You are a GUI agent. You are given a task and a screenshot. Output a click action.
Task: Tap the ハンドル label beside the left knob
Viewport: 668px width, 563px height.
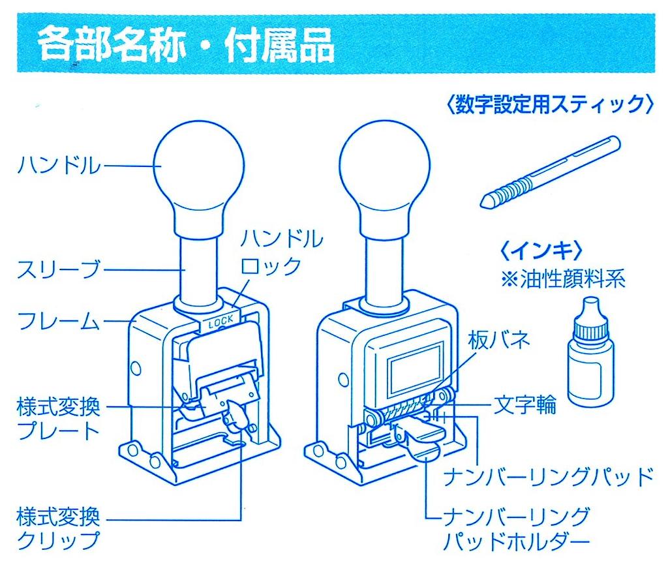coord(59,166)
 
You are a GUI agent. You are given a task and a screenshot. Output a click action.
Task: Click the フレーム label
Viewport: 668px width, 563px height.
coord(59,321)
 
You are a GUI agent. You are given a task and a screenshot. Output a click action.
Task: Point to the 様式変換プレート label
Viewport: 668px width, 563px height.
coord(58,419)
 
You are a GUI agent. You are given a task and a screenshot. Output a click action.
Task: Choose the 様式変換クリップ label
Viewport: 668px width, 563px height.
coord(58,529)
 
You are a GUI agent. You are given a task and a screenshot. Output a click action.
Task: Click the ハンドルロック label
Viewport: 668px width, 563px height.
coord(281,251)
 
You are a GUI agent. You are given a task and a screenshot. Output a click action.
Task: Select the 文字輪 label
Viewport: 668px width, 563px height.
coord(524,405)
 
